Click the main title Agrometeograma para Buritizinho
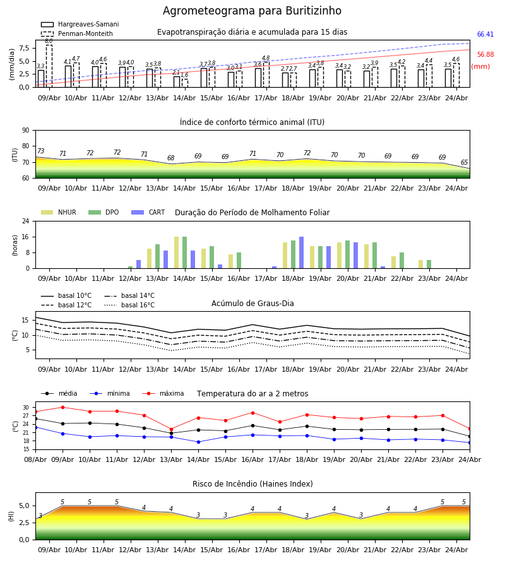(252, 11)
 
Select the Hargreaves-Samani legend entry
(80, 24)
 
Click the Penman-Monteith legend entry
(77, 33)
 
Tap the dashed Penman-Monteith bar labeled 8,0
(49, 66)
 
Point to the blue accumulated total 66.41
(485, 35)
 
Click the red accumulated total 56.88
(485, 55)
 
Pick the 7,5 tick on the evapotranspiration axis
(24, 48)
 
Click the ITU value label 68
(170, 158)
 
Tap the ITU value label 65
(464, 163)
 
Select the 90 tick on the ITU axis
(26, 131)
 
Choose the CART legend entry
(148, 212)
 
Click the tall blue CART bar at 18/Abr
(301, 252)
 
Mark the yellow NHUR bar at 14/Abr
(176, 252)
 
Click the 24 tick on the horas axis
(26, 221)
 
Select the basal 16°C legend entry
(129, 305)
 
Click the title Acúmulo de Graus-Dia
(252, 303)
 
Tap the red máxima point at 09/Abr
(62, 407)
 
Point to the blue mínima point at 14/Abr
(198, 442)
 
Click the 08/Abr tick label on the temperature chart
(35, 459)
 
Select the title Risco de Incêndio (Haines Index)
(252, 483)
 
